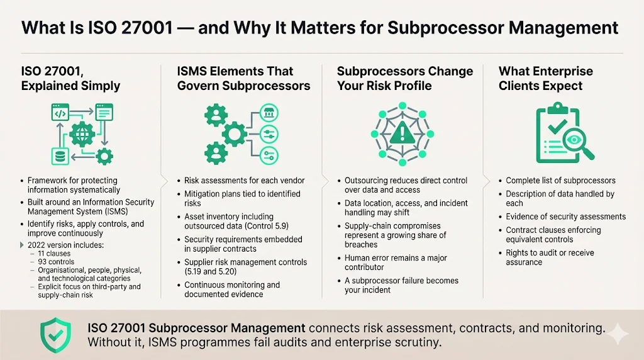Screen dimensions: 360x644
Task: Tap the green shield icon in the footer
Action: pyautogui.click(x=55, y=334)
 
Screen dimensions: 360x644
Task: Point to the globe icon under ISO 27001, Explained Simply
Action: pyautogui.click(x=82, y=134)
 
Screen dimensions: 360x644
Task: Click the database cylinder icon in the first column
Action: pyautogui.click(x=59, y=155)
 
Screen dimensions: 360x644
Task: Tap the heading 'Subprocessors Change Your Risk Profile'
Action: pyautogui.click(x=404, y=79)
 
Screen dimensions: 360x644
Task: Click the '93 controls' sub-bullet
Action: pyautogui.click(x=57, y=261)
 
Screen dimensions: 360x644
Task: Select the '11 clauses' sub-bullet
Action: pyautogui.click(x=55, y=252)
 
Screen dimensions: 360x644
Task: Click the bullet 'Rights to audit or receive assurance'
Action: pyautogui.click(x=550, y=257)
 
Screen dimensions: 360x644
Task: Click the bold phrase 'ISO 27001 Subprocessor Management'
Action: pyautogui.click(x=197, y=328)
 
